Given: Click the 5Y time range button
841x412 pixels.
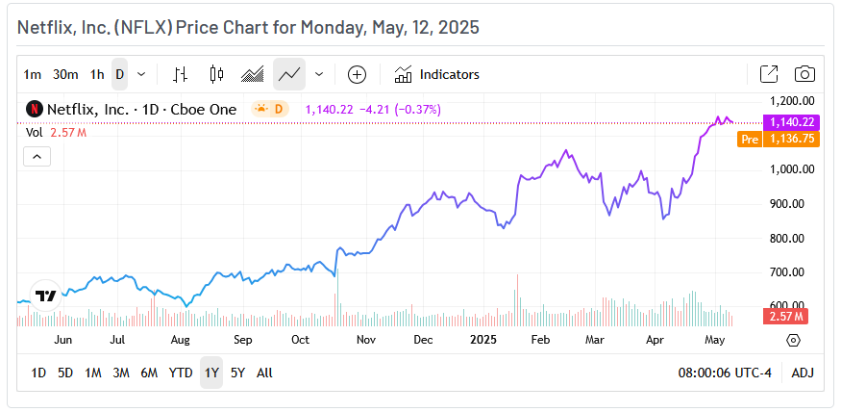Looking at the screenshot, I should click(237, 373).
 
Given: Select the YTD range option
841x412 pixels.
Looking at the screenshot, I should click(181, 373).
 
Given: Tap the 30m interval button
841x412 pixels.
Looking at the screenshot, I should click(65, 74).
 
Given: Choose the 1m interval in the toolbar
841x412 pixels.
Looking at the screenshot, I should click(33, 74).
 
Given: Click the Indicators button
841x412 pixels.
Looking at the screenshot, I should click(437, 74).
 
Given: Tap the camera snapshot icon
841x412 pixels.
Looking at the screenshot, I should click(805, 74).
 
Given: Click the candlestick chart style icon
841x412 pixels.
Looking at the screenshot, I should click(216, 74).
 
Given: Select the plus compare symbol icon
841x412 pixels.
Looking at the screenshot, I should click(357, 74).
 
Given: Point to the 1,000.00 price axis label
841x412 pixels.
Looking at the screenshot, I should click(793, 169).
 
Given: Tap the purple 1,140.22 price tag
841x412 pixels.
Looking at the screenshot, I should click(790, 122).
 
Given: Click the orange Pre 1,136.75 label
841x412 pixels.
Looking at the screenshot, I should click(779, 139).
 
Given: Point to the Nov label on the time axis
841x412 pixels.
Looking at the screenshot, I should click(365, 340).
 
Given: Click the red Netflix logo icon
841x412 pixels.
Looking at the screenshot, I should click(34, 109).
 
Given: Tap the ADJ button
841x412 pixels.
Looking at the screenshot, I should click(802, 373).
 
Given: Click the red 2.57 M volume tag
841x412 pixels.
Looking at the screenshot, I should click(786, 316).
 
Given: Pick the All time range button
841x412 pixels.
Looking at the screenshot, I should click(264, 373).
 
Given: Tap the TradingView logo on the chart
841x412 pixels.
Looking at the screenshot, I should click(45, 296).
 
